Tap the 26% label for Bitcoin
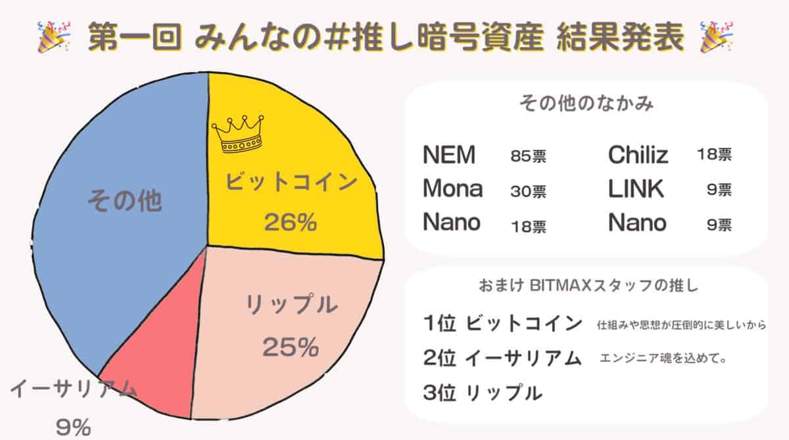coord(290,223)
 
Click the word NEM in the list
coord(449,156)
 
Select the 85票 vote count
coord(528,157)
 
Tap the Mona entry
coord(452,189)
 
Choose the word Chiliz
coord(638,156)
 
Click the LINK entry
coord(636,189)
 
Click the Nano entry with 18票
coord(452,223)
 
